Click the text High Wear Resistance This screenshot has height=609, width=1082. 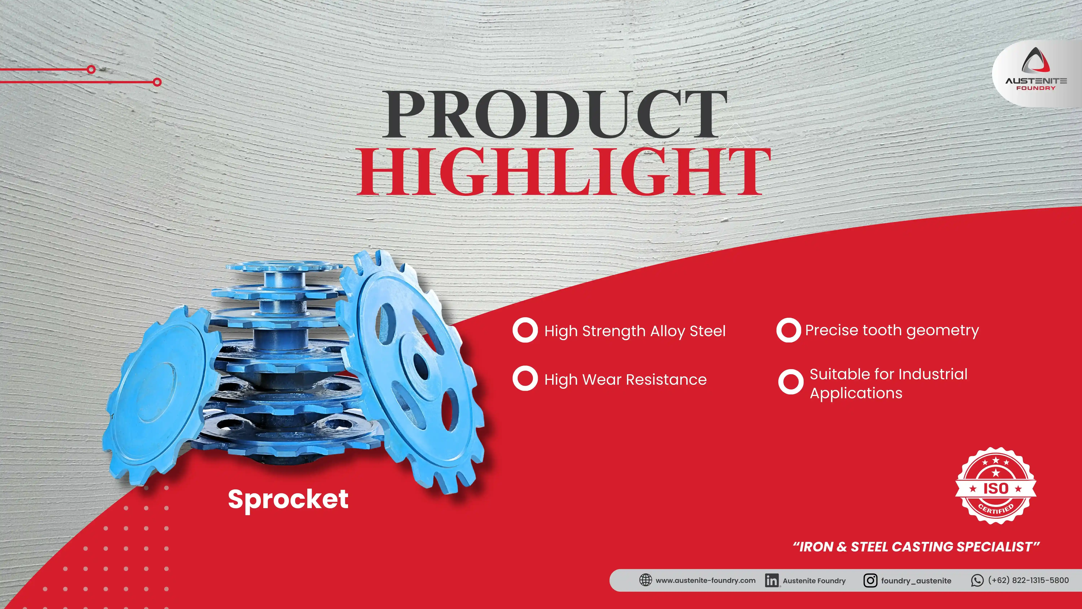point(625,379)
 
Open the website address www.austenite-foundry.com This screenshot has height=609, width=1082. point(705,580)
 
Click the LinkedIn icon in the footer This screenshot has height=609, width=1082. point(772,580)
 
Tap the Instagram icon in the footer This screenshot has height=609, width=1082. point(870,580)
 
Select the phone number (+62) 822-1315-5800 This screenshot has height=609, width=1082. point(1028,580)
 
